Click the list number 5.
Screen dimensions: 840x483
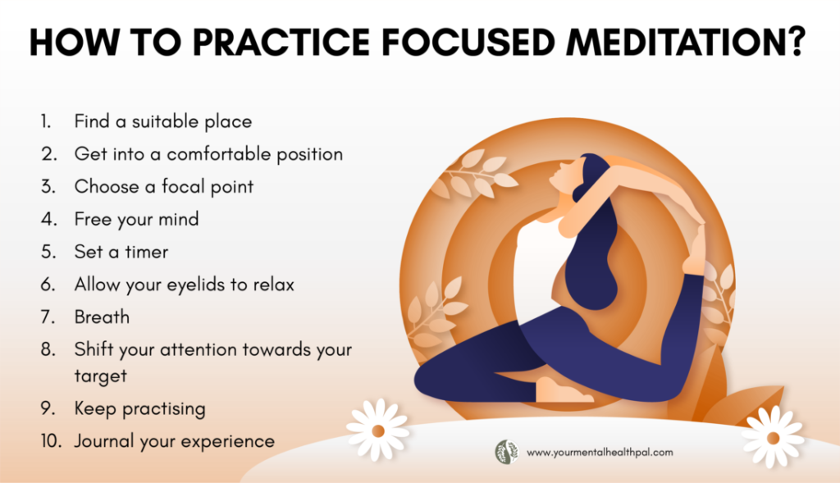point(48,252)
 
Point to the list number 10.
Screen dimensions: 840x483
point(51,441)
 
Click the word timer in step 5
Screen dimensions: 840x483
point(147,252)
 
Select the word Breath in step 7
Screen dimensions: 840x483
point(102,317)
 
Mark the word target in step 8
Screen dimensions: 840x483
point(101,376)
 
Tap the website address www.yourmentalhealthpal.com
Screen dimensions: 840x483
point(600,453)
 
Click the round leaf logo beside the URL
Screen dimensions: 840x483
point(506,452)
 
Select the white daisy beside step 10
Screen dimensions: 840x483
point(377,430)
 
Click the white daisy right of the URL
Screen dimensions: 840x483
point(773,437)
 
